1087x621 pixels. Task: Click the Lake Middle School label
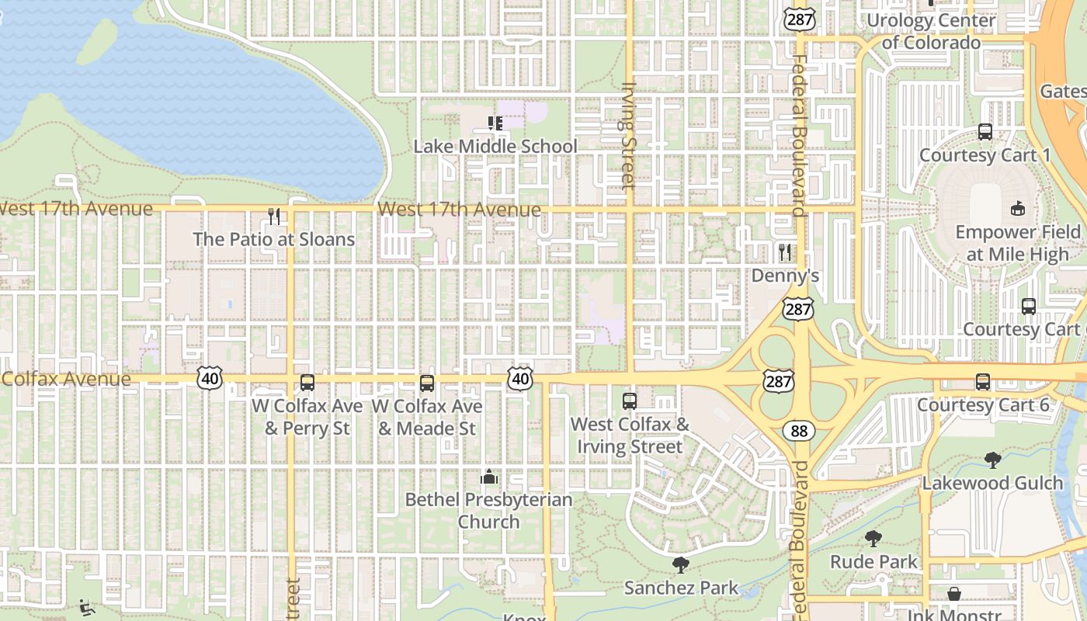pyautogui.click(x=495, y=146)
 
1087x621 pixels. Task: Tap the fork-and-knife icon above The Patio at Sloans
pyautogui.click(x=273, y=216)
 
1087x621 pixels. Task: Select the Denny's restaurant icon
pyautogui.click(x=785, y=252)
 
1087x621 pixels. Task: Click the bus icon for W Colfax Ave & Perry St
pyautogui.click(x=307, y=383)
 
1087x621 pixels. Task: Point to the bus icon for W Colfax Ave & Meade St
pyautogui.click(x=426, y=383)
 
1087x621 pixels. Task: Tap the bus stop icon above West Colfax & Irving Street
pyautogui.click(x=630, y=401)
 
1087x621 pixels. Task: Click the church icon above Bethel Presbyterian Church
pyautogui.click(x=489, y=476)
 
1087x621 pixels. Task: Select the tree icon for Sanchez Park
pyautogui.click(x=681, y=564)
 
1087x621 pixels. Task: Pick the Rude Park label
pyautogui.click(x=873, y=561)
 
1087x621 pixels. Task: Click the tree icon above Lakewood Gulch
pyautogui.click(x=992, y=460)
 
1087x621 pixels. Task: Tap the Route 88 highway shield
pyautogui.click(x=799, y=430)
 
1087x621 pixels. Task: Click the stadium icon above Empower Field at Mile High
pyautogui.click(x=1017, y=208)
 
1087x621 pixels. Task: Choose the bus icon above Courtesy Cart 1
pyautogui.click(x=985, y=132)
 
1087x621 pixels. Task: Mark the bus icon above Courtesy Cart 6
pyautogui.click(x=983, y=382)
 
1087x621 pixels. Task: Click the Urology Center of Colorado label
pyautogui.click(x=931, y=31)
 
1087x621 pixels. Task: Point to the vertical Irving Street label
pyautogui.click(x=629, y=136)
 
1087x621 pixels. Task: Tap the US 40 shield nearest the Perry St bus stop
pyautogui.click(x=210, y=378)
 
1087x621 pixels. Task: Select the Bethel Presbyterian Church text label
pyautogui.click(x=488, y=511)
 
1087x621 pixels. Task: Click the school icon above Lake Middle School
pyautogui.click(x=495, y=123)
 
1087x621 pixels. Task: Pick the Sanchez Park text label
pyautogui.click(x=681, y=588)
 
